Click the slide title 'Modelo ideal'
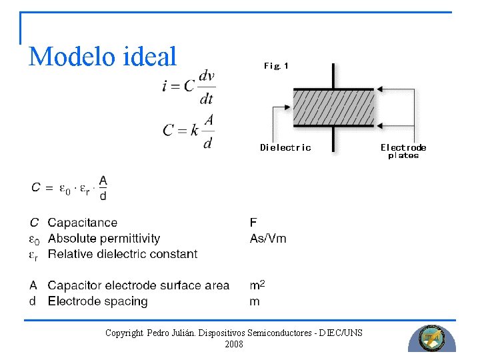pos(103,57)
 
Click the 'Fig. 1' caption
pos(276,65)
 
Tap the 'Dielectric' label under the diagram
pos(285,147)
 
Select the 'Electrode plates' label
pos(403,151)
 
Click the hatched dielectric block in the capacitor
pos(333,107)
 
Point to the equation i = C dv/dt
pos(189,87)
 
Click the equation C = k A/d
pos(189,131)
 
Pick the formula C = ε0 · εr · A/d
pos(69,187)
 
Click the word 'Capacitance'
pos(83,223)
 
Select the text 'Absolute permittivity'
pos(104,238)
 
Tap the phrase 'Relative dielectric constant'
pos(123,254)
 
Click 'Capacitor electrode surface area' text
pos(139,285)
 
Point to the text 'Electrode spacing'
pos(97,301)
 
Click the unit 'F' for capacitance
pos(253,223)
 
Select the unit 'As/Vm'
pos(268,238)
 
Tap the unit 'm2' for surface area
pos(257,285)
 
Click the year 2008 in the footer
pos(234,345)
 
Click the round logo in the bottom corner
pos(432,339)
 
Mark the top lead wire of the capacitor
pos(333,75)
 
